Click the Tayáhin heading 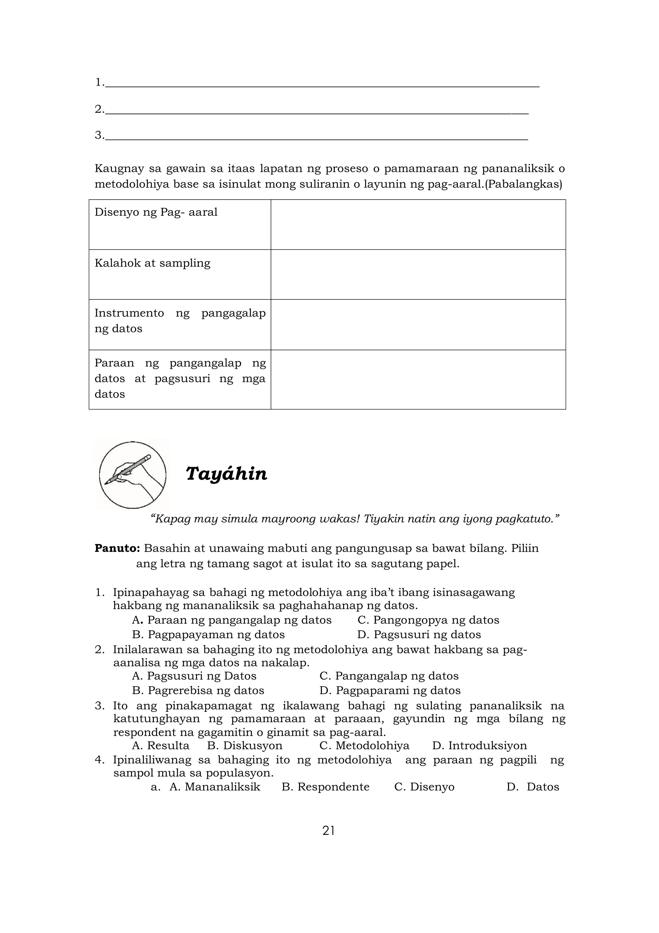point(227,474)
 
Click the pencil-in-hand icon point(132,475)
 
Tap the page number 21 point(329,831)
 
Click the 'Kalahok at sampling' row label point(152,263)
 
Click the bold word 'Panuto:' point(117,548)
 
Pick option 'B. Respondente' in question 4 point(325,787)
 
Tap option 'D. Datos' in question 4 point(533,787)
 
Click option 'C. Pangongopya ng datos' point(428,620)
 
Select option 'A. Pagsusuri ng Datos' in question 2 point(194,676)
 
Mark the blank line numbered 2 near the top point(317,110)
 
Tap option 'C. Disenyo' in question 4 point(424,787)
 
